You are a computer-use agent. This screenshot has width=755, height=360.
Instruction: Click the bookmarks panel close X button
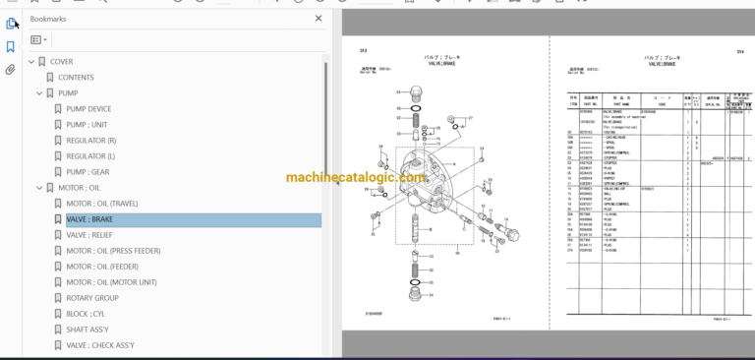(318, 18)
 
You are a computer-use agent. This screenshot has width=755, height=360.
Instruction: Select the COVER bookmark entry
(61, 61)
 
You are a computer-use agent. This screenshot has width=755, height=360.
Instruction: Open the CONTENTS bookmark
(76, 77)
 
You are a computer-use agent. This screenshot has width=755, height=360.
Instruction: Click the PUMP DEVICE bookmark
(88, 108)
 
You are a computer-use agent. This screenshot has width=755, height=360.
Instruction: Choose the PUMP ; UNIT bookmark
(87, 124)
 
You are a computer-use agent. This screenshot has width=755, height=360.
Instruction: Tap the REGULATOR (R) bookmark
(90, 140)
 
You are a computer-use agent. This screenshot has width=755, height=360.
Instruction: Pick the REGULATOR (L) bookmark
(90, 155)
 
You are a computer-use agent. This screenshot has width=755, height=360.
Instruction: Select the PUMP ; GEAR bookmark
(87, 171)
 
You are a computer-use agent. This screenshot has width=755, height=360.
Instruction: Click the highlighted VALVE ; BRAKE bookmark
(89, 219)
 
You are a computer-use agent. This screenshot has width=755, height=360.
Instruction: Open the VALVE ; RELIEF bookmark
(89, 235)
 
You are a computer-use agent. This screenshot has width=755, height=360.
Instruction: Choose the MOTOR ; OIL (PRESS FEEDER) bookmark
(113, 251)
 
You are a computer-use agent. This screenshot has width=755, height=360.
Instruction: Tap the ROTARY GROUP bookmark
(92, 297)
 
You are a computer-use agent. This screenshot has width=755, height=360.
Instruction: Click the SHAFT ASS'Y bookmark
(87, 329)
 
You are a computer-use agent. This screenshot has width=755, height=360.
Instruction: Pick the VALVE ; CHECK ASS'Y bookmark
(100, 344)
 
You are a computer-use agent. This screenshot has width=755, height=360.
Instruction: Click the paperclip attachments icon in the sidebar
(11, 70)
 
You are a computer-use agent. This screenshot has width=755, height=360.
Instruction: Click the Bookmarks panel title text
(50, 18)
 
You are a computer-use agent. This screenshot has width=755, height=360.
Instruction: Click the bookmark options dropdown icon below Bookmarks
(38, 39)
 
